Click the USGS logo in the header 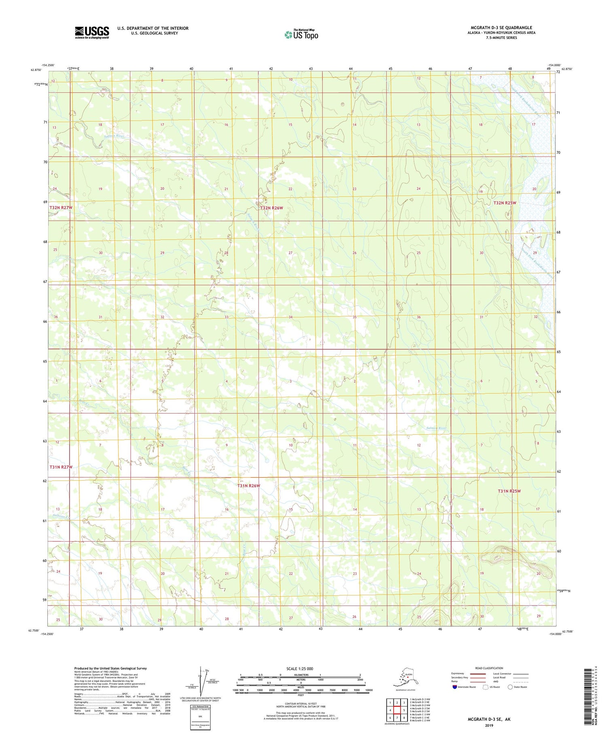tap(92, 32)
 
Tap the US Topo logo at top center tap(301, 34)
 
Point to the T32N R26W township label tap(272, 208)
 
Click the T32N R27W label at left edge tap(61, 208)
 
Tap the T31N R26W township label tap(248, 485)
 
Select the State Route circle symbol tap(510, 687)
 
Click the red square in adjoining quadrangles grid tap(397, 710)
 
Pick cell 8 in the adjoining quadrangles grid tap(404, 717)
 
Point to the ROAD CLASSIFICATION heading tap(489, 668)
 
